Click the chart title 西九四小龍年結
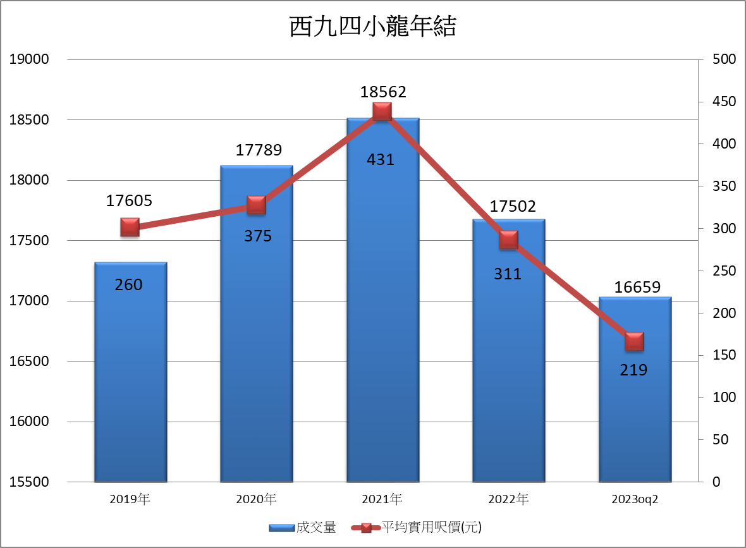[x=372, y=27]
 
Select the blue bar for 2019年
[x=130, y=379]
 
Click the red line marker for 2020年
[x=256, y=205]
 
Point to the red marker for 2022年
[x=508, y=240]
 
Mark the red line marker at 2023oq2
[x=634, y=342]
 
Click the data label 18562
[x=383, y=92]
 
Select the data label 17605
[x=129, y=201]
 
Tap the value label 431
[x=381, y=160]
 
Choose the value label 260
[x=128, y=285]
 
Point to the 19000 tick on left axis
[x=28, y=59]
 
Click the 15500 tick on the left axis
[x=28, y=482]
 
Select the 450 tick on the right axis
[x=724, y=102]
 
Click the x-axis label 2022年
[x=508, y=499]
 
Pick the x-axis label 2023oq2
[x=635, y=499]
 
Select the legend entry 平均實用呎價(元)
[x=418, y=527]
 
